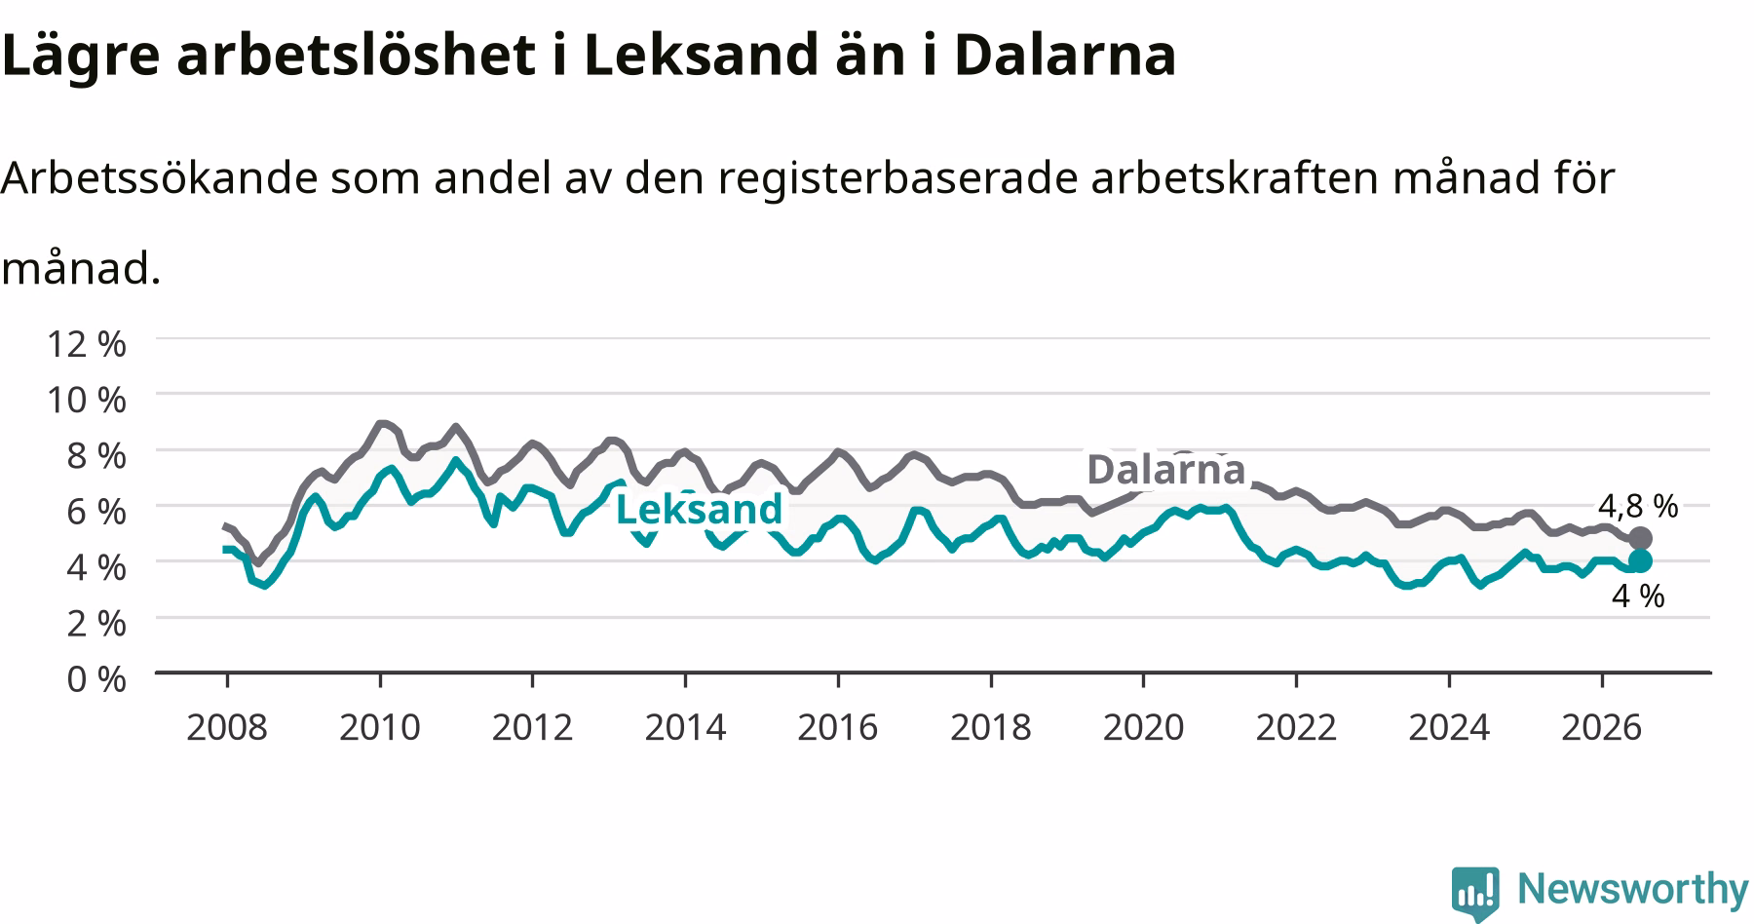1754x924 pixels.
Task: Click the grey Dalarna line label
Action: pos(1165,469)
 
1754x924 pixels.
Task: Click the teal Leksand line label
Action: pos(700,509)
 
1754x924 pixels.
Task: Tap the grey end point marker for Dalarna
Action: pos(1640,538)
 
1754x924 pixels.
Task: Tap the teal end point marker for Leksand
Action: pos(1640,560)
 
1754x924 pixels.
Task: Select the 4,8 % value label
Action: pos(1638,506)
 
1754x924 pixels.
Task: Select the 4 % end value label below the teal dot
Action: pos(1638,596)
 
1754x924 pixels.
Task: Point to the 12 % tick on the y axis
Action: pos(86,343)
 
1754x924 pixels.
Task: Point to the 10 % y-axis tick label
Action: pos(86,399)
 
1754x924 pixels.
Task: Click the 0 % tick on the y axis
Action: pos(96,678)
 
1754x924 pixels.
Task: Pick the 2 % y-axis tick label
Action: pos(96,623)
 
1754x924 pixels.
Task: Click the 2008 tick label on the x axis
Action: pos(227,727)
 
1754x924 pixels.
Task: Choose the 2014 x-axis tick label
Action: pos(685,727)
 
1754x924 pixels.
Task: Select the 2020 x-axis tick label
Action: pos(1143,727)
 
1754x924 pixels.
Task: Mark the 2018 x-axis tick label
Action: pos(991,727)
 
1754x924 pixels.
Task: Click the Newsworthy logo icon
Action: pos(1476,892)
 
